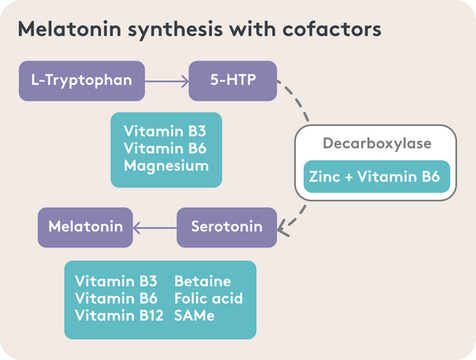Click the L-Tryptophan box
point(82,81)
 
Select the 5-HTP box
point(232,81)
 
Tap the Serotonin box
point(227,228)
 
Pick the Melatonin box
point(86,228)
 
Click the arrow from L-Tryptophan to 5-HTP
point(167,82)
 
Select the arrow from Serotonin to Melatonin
point(155,228)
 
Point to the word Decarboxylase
point(377,144)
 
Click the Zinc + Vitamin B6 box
point(377,176)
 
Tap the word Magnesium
point(167,167)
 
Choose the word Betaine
point(202,281)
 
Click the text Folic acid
point(209,298)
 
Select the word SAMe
point(194,316)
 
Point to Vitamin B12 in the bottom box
point(119,316)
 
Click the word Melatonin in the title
point(70,29)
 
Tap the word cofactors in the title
point(332,29)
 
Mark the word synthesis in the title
point(175,30)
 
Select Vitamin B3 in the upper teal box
point(165,132)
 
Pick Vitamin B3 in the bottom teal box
point(116,281)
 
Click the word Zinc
point(324,177)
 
